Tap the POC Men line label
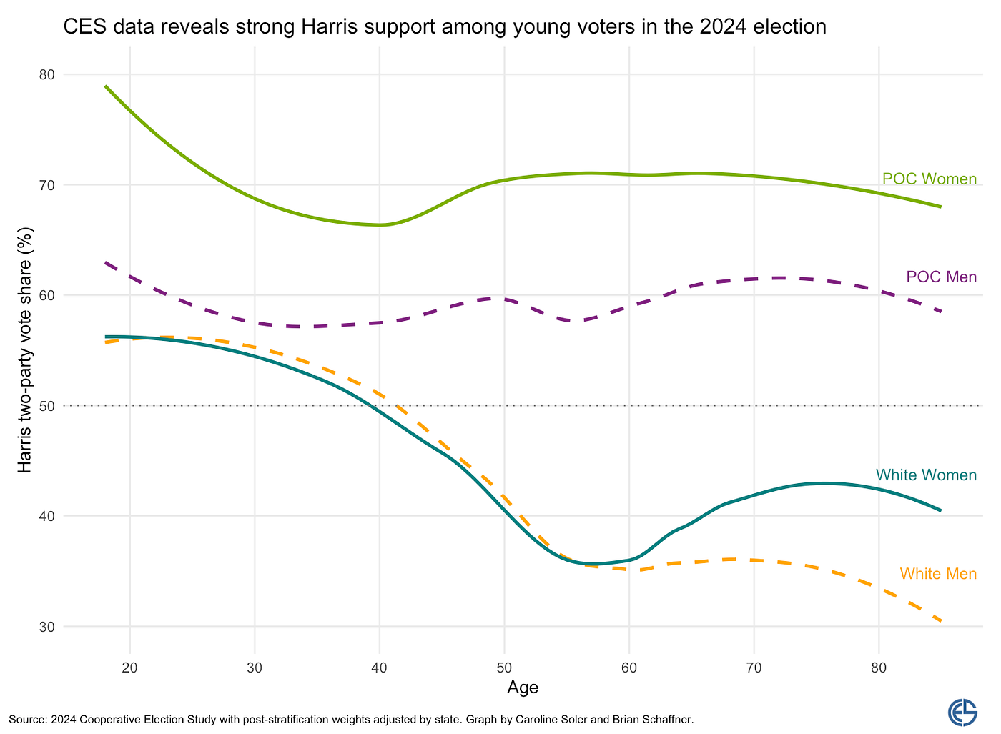[941, 277]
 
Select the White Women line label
[926, 475]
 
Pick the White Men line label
[938, 573]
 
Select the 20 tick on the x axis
[129, 668]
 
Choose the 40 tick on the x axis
[380, 668]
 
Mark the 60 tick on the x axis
[629, 668]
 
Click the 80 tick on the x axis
[879, 668]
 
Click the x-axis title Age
[523, 688]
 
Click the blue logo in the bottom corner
[962, 713]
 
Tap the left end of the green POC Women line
[106, 86]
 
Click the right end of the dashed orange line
[941, 621]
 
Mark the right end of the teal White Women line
[941, 510]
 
